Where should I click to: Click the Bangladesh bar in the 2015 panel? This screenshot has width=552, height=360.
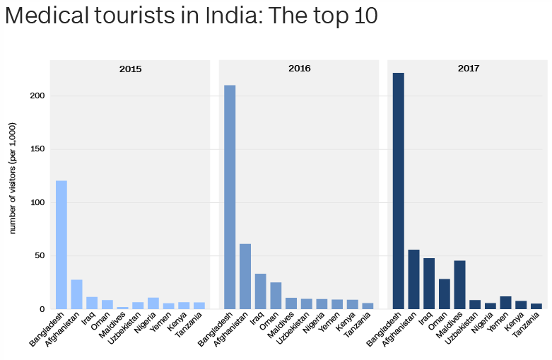tap(61, 245)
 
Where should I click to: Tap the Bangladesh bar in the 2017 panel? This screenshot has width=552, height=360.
tap(399, 191)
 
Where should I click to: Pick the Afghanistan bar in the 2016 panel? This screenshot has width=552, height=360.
tap(245, 277)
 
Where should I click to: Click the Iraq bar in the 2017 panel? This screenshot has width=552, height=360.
tap(429, 284)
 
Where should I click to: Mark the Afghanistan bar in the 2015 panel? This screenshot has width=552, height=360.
tap(76, 294)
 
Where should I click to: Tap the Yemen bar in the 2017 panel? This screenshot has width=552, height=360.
tap(505, 303)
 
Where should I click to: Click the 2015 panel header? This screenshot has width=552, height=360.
tap(130, 69)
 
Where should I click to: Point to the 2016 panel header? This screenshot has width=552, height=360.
tap(299, 69)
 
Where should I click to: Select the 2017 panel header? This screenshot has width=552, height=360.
tap(468, 69)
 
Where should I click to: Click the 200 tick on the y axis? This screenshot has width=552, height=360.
tap(38, 96)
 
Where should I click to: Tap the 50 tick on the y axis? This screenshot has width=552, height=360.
tap(40, 256)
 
